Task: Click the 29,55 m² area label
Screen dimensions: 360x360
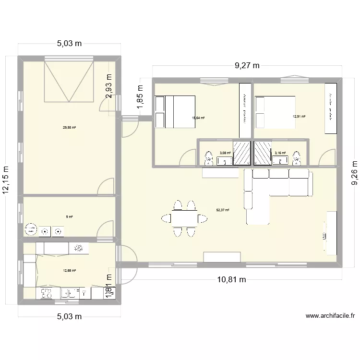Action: tap(70, 128)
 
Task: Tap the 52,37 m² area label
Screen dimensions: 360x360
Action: tap(223, 210)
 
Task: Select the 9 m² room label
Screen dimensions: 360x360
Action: tap(70, 216)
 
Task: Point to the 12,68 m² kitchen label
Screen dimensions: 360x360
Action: tap(70, 271)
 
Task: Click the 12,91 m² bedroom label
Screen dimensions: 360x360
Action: tap(299, 116)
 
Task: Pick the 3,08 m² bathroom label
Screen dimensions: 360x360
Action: tap(225, 153)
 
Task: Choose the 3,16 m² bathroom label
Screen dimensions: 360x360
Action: tap(280, 153)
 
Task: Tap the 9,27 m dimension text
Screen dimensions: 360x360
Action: tap(247, 66)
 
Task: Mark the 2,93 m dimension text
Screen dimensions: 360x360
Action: tap(109, 85)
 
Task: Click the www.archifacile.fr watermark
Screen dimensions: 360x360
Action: tap(330, 316)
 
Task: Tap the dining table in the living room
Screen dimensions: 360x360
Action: tap(185, 218)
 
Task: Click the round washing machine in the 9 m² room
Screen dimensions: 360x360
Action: tap(32, 229)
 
